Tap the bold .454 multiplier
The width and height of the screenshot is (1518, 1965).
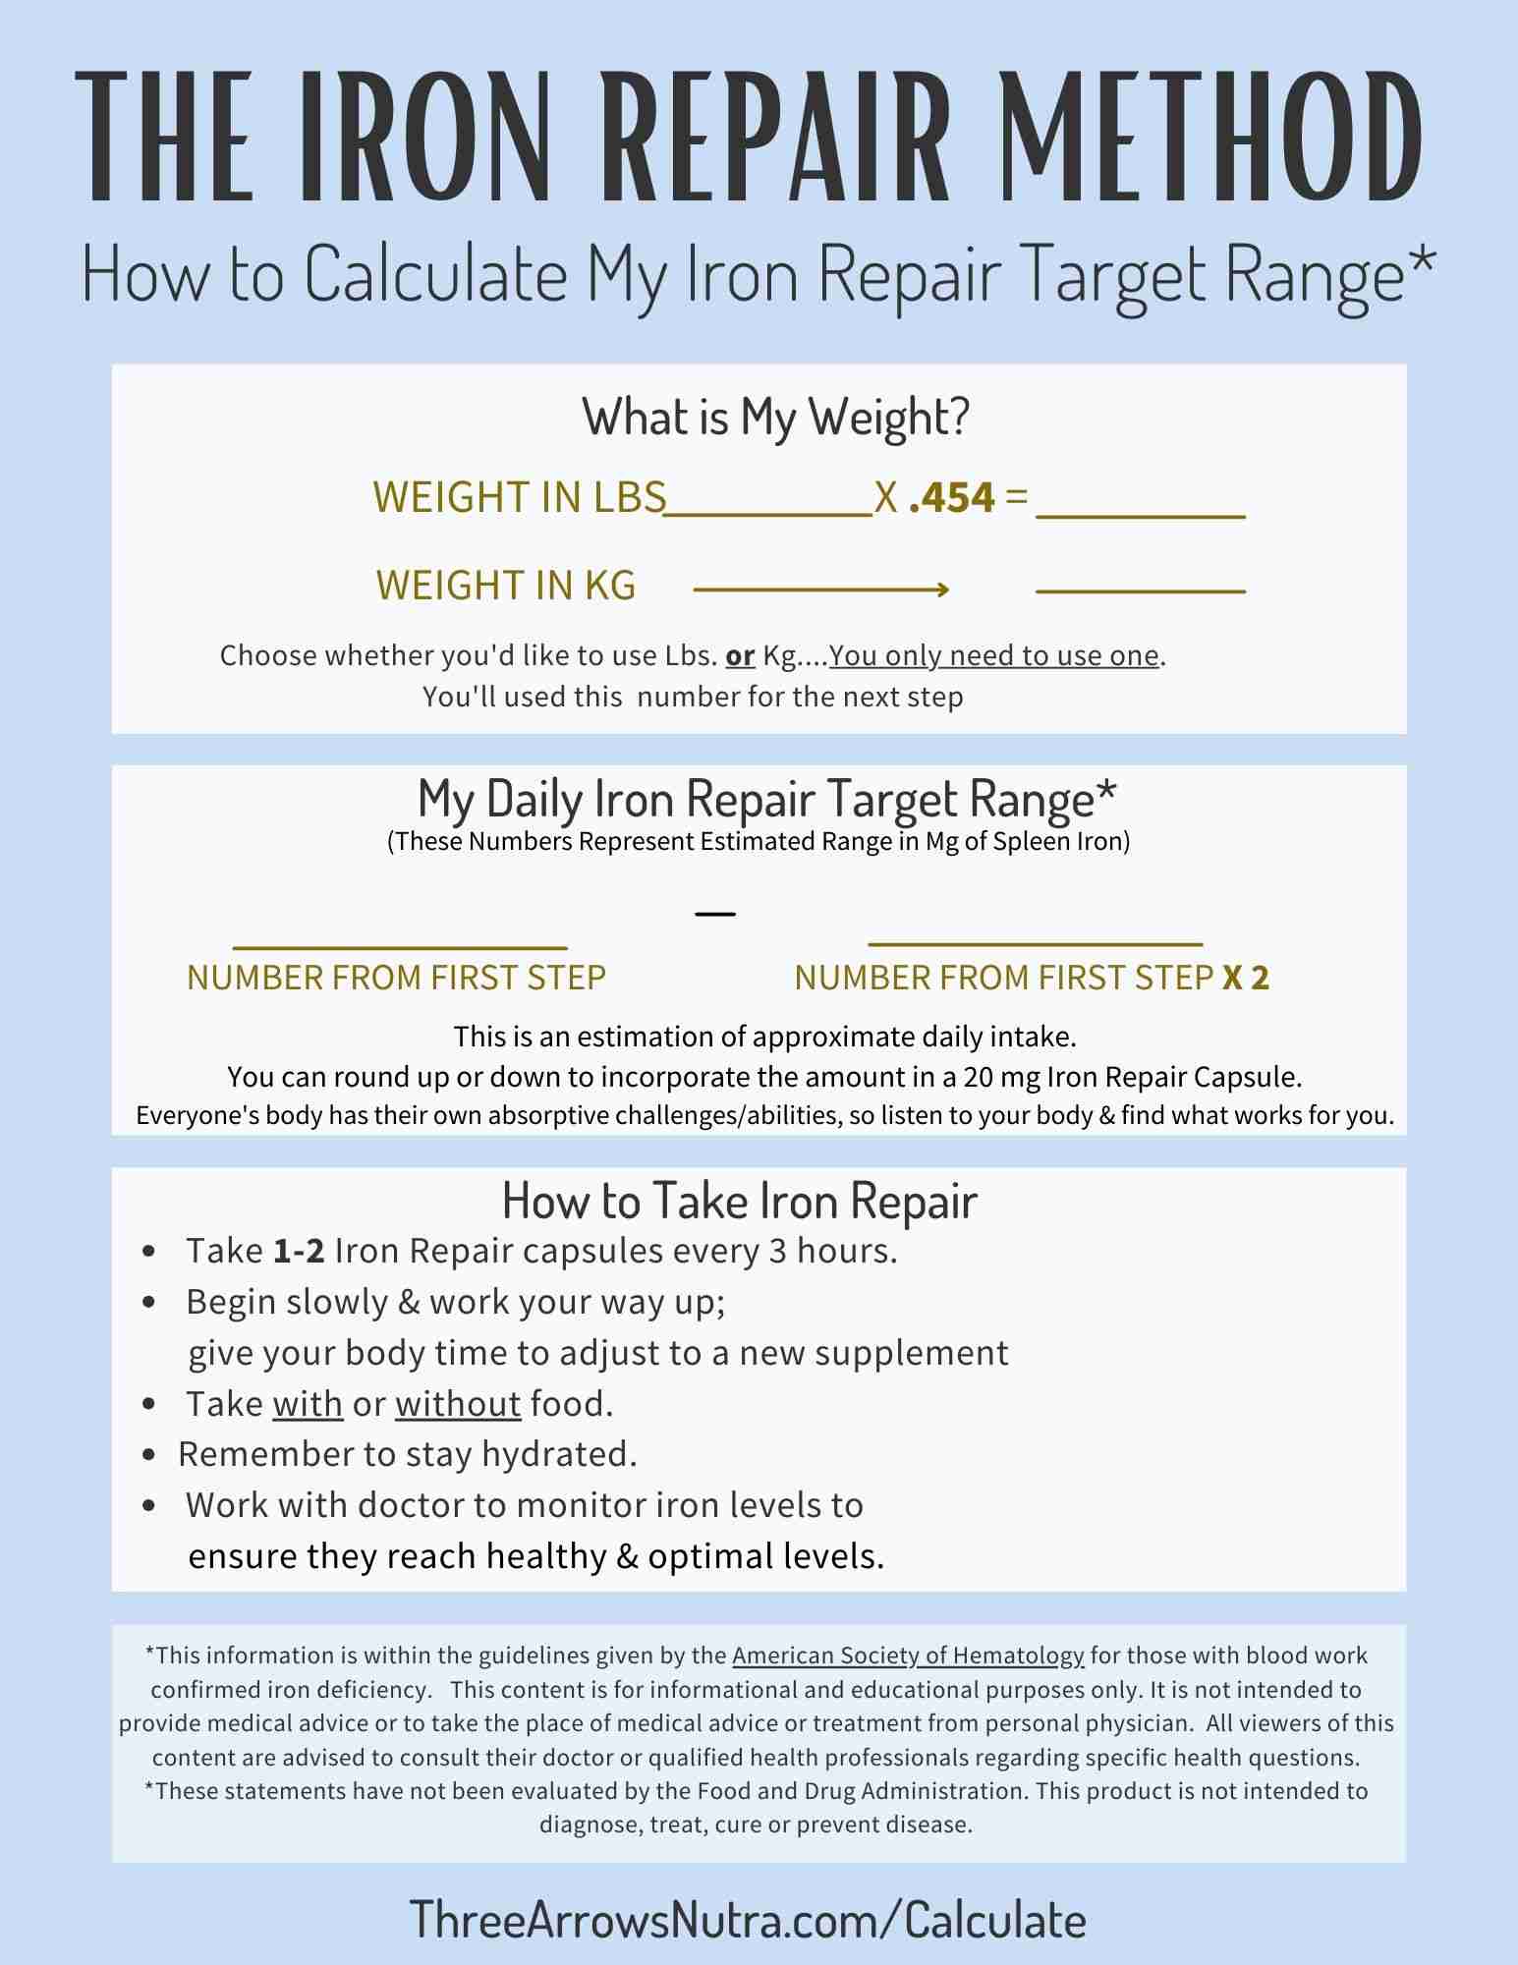952,498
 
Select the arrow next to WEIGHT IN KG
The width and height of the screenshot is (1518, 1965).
820,589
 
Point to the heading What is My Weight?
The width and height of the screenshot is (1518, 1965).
776,417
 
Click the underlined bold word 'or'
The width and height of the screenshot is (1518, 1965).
740,655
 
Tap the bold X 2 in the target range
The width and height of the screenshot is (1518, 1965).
1246,978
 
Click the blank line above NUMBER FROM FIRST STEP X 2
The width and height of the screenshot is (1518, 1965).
1036,944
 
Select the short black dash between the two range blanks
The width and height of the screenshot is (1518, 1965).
714,914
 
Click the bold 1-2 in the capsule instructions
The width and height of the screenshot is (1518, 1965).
299,1252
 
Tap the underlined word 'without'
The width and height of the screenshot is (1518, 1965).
458,1404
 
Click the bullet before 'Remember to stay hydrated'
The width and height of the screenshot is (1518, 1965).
149,1455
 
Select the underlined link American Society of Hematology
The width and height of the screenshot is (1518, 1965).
908,1656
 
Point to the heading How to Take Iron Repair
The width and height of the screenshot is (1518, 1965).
739,1200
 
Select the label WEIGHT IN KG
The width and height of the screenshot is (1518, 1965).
506,586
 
